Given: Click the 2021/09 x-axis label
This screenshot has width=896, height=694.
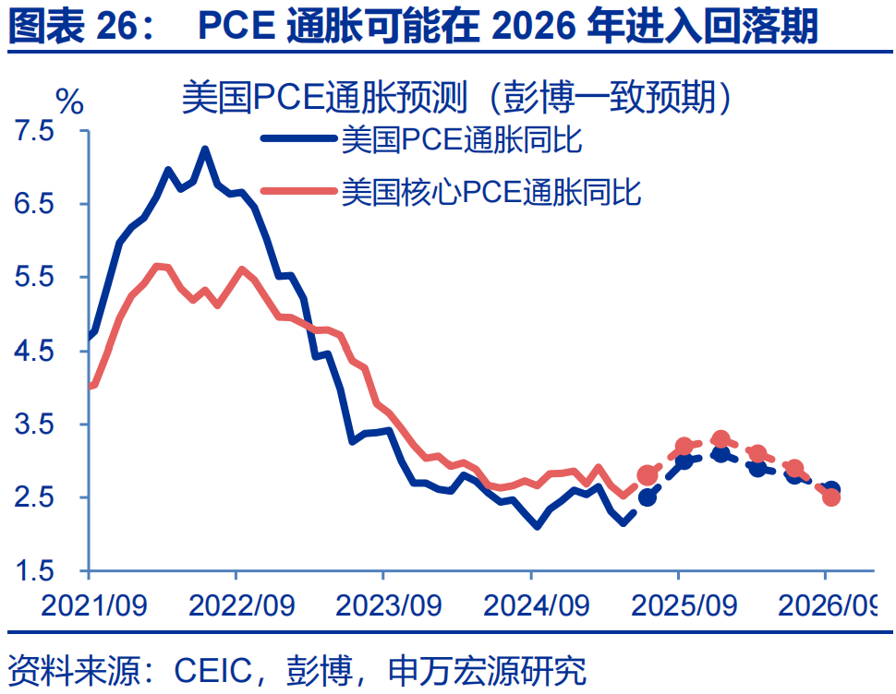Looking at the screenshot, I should pos(90,605).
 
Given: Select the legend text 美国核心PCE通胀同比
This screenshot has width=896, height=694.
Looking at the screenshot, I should pos(490,192).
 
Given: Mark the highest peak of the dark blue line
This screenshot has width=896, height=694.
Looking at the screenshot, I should pos(204,149).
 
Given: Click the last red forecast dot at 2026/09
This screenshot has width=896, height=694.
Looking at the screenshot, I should pos(830,497).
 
